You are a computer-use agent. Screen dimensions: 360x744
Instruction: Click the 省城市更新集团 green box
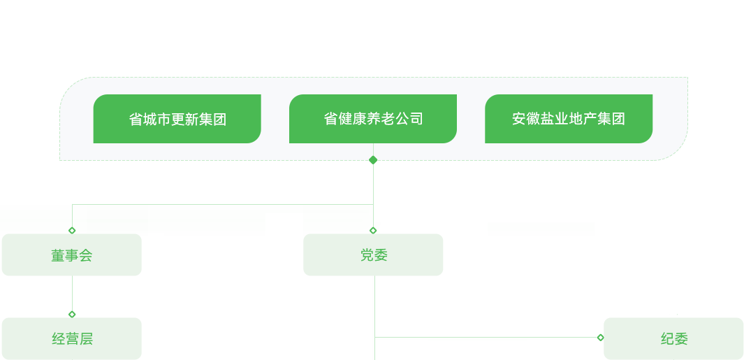pyautogui.click(x=177, y=119)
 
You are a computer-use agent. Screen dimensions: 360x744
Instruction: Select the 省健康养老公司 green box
pyautogui.click(x=373, y=119)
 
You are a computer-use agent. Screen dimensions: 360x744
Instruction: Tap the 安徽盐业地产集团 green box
pyautogui.click(x=569, y=119)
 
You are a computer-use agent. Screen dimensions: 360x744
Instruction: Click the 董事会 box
pyautogui.click(x=71, y=256)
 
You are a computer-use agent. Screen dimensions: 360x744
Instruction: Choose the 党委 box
pyautogui.click(x=373, y=255)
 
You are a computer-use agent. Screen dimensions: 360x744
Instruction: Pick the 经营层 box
pyautogui.click(x=71, y=339)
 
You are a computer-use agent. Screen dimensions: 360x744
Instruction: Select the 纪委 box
pyautogui.click(x=673, y=339)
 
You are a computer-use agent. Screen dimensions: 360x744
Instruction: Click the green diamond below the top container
pyautogui.click(x=373, y=160)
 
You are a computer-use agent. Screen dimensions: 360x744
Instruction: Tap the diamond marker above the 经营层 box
pyautogui.click(x=72, y=314)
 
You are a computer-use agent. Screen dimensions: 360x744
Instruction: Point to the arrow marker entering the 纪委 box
pyautogui.click(x=600, y=338)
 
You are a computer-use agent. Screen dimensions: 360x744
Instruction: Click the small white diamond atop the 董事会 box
pyautogui.click(x=72, y=230)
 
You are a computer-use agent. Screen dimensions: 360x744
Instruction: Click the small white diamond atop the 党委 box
pyautogui.click(x=373, y=230)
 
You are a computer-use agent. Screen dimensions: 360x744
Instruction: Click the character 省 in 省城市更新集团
pyautogui.click(x=136, y=120)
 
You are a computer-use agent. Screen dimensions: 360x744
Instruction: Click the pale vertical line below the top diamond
pyautogui.click(x=373, y=182)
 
